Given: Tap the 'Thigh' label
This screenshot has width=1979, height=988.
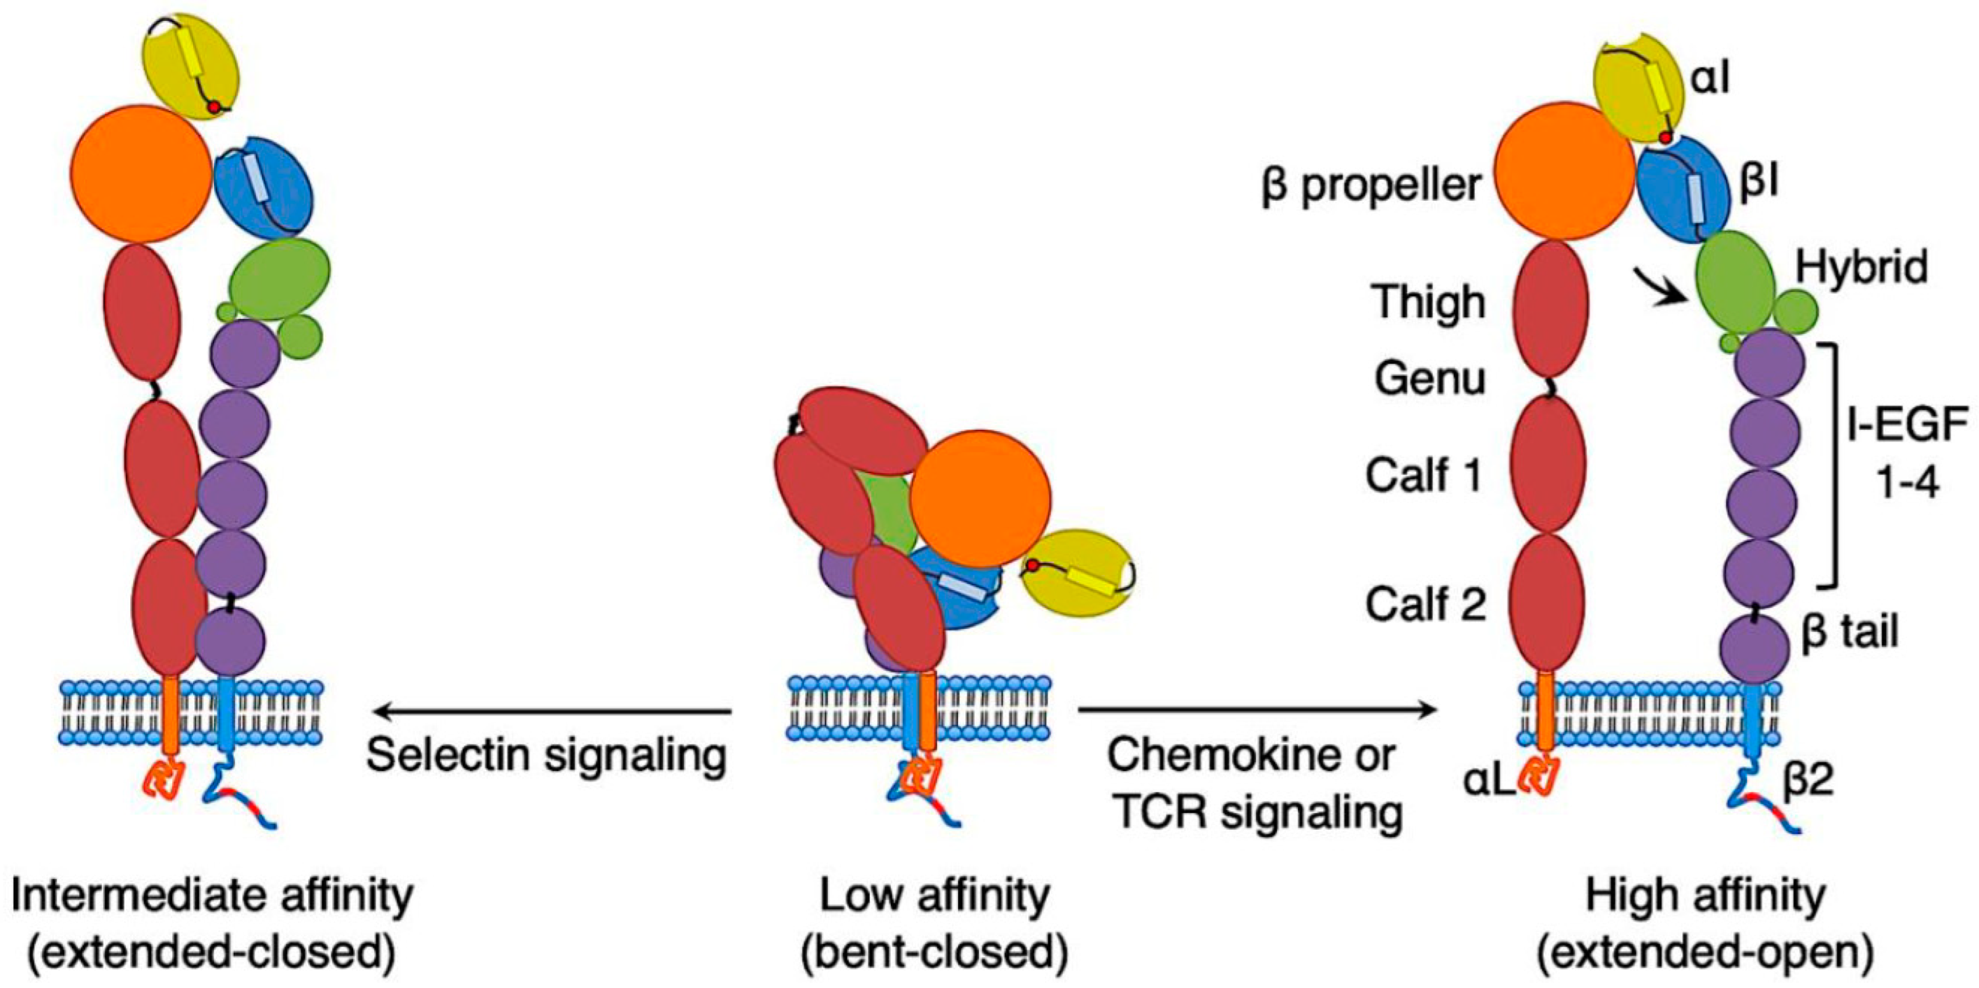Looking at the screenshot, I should [1429, 302].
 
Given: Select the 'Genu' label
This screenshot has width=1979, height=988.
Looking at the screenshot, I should [1429, 379].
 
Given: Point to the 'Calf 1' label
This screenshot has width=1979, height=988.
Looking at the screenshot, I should [1423, 475].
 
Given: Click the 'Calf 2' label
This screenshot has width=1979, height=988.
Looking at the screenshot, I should [1425, 605].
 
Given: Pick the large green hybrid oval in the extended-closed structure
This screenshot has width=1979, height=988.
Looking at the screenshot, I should [279, 278].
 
